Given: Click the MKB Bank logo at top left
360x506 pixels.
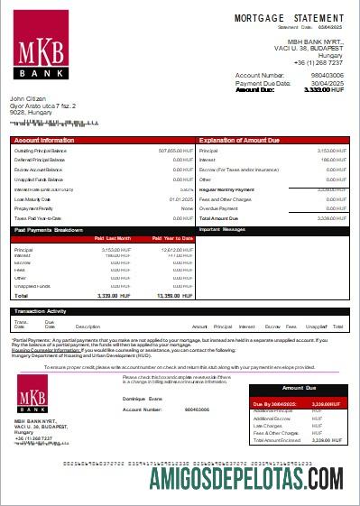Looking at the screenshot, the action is (x=42, y=51).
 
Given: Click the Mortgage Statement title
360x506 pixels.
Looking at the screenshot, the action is (x=289, y=18).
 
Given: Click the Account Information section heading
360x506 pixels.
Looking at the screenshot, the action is (x=44, y=141).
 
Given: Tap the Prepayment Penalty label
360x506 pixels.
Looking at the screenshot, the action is (x=33, y=208).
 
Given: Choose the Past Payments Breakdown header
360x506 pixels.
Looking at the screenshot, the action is (x=50, y=230).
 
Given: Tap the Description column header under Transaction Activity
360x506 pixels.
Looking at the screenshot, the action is (x=88, y=326).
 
